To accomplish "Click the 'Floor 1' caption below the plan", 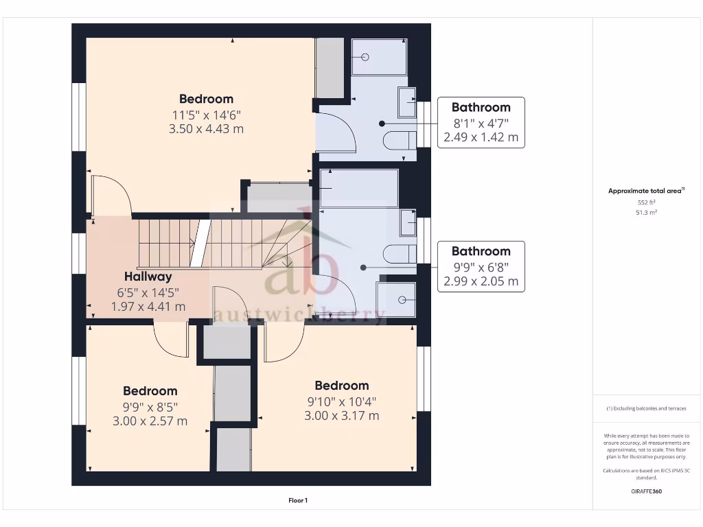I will tap(297, 500).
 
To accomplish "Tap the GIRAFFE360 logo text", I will tap(646, 491).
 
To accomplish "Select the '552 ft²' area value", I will tap(646, 202).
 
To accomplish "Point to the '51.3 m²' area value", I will tap(646, 213).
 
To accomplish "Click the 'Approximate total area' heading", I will tap(646, 191).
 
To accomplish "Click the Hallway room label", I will tap(148, 277).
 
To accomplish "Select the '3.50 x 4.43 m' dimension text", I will tap(206, 128).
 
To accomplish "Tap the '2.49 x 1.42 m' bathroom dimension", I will tap(481, 137).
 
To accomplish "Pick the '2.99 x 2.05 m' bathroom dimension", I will tap(481, 281).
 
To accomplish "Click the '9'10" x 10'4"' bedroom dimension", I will tap(341, 401).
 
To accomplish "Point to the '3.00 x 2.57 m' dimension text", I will tap(150, 421).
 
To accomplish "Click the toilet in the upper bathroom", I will tap(400, 141).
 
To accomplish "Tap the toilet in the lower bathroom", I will tap(400, 253).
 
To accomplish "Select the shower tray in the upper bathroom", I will tap(378, 57).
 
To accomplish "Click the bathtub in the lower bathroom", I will tap(359, 188).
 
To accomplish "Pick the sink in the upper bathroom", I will tap(408, 103).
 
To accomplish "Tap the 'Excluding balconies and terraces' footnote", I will tap(646, 408).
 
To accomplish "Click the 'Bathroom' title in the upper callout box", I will tap(481, 107).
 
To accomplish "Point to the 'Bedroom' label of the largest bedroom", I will tap(206, 99).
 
